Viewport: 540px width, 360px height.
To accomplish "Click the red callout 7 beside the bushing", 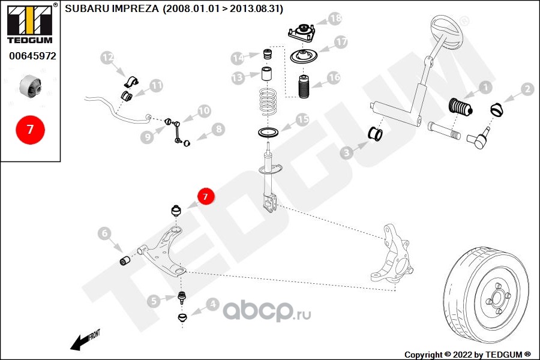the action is pos(206,196).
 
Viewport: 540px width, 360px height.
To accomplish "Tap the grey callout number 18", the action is pos(335,18).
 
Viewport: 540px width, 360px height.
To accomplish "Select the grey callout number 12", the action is pos(107,58).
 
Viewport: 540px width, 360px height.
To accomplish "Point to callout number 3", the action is pos(346,152).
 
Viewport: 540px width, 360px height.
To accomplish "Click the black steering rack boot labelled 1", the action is pos(461,107).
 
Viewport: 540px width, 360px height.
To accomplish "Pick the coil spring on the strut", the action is pos(268,103).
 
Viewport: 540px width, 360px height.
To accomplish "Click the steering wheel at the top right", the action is pos(446,31).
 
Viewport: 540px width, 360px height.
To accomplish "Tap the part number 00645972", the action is pos(32,56).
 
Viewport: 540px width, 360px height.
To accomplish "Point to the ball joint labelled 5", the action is pos(182,296).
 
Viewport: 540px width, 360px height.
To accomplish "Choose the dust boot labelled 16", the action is pos(304,86).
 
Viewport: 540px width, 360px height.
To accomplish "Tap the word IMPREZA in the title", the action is pos(136,8).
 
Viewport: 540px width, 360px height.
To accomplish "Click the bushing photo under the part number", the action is pos(31,86).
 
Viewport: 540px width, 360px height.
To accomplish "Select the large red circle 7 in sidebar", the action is pos(31,130).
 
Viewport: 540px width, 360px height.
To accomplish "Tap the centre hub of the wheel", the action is pos(497,297).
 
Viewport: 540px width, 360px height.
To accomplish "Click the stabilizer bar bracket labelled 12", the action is pos(131,82).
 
